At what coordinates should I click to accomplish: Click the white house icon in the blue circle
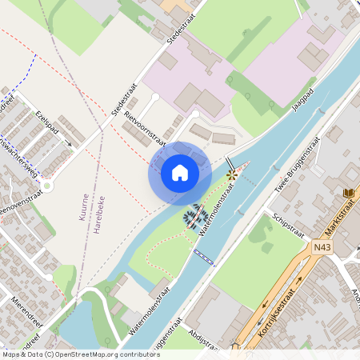(180, 172)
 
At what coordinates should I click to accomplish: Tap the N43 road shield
(322, 249)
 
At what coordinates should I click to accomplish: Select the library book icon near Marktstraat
(349, 193)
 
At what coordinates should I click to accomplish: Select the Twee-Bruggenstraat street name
(298, 161)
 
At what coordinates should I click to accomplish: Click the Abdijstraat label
(205, 338)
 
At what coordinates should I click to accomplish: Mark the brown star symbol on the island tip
(232, 174)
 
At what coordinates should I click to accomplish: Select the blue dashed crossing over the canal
(204, 256)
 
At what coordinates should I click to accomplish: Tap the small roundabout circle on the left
(47, 186)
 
